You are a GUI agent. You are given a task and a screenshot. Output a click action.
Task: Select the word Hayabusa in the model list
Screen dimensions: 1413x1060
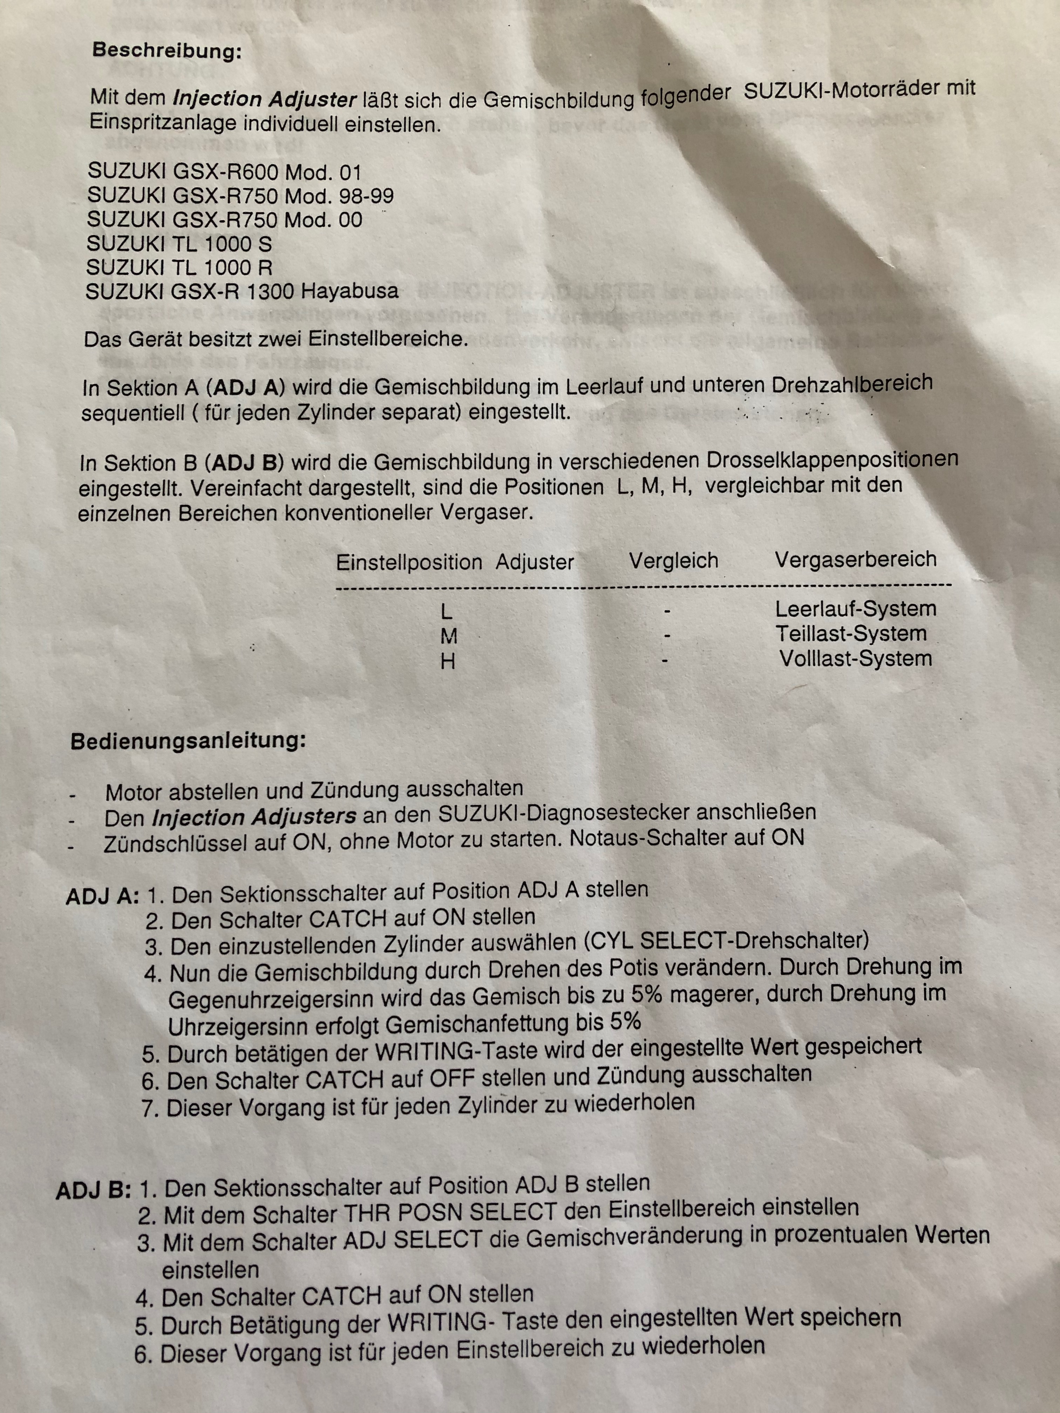pos(349,291)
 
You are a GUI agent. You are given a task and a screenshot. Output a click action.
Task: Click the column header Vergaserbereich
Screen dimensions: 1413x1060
pos(856,560)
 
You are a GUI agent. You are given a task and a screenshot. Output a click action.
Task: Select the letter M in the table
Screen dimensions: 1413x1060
pos(449,636)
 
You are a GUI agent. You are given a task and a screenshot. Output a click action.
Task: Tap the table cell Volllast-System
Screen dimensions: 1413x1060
pos(856,658)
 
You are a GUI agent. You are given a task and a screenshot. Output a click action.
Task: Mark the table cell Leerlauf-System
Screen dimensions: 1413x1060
pos(856,609)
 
